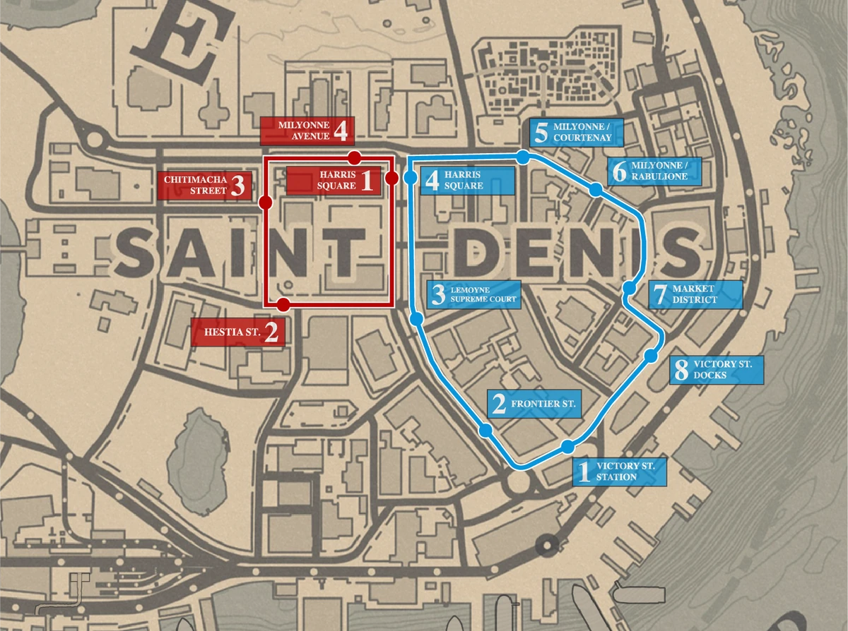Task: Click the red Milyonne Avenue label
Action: tap(307, 131)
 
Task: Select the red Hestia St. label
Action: tap(238, 331)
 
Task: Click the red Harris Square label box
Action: tap(331, 180)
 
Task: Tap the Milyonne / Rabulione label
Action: tap(654, 172)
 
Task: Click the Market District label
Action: tap(695, 294)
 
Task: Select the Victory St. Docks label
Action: tap(717, 370)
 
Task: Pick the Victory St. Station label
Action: tap(619, 471)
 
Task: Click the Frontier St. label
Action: tap(534, 404)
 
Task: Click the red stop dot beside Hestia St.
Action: tap(283, 304)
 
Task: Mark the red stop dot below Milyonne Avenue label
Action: tap(355, 156)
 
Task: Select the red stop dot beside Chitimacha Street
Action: tap(266, 203)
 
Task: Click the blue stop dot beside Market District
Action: tap(628, 288)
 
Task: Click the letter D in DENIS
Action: tap(485, 252)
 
